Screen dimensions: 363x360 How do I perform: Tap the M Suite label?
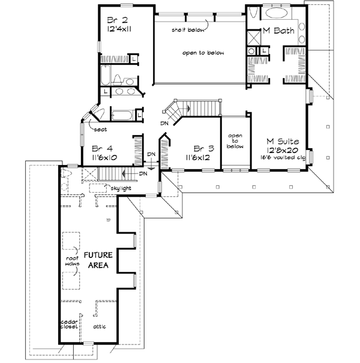(x=283, y=142)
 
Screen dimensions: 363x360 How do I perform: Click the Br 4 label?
(x=103, y=148)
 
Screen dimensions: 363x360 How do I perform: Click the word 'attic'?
(x=101, y=328)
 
